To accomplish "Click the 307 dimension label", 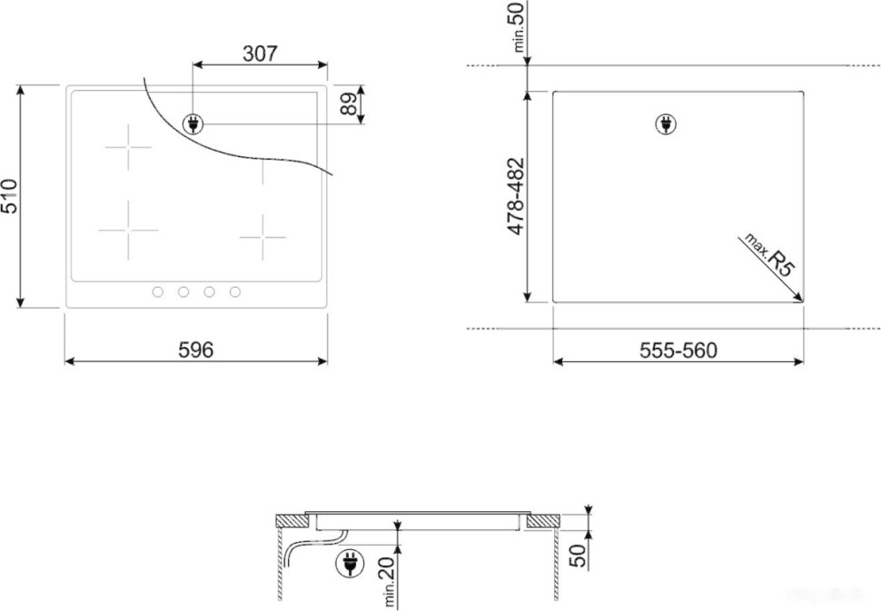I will coord(260,54).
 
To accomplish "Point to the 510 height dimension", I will coord(10,196).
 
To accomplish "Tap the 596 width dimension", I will coord(195,350).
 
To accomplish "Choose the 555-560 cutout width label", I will coord(678,350).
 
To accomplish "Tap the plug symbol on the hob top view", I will coord(193,124).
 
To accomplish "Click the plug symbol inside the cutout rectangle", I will coord(666,124).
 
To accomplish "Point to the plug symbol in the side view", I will coord(347,565).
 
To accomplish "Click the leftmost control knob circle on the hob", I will coord(157,292).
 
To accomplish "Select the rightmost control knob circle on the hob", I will coord(235,292).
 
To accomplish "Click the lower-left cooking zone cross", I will coord(128,230).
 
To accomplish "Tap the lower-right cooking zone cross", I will coord(263,237).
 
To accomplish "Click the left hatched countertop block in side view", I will coord(292,521).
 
